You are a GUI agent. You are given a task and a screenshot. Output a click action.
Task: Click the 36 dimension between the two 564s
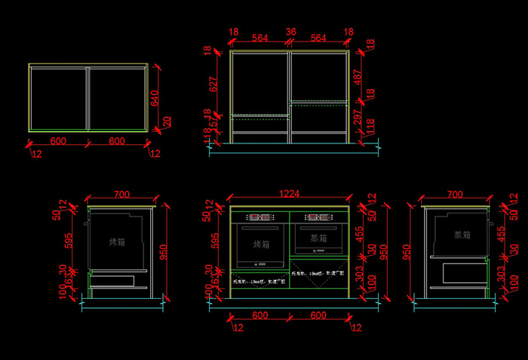290,32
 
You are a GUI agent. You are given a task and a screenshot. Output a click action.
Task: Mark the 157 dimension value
213,122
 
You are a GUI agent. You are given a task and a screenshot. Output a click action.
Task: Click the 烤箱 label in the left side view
118,242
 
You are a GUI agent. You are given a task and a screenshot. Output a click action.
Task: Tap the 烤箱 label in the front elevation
260,245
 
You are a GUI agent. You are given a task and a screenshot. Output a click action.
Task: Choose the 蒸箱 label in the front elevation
318,238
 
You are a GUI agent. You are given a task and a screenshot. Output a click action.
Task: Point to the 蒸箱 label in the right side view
462,235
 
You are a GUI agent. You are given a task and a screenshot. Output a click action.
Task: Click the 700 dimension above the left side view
121,195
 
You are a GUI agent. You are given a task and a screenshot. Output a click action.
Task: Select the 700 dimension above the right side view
455,195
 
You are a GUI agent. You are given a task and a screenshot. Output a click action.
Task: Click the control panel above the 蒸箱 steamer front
318,218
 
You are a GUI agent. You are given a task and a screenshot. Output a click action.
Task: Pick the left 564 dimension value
259,38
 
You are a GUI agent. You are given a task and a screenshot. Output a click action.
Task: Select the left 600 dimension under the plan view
57,141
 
